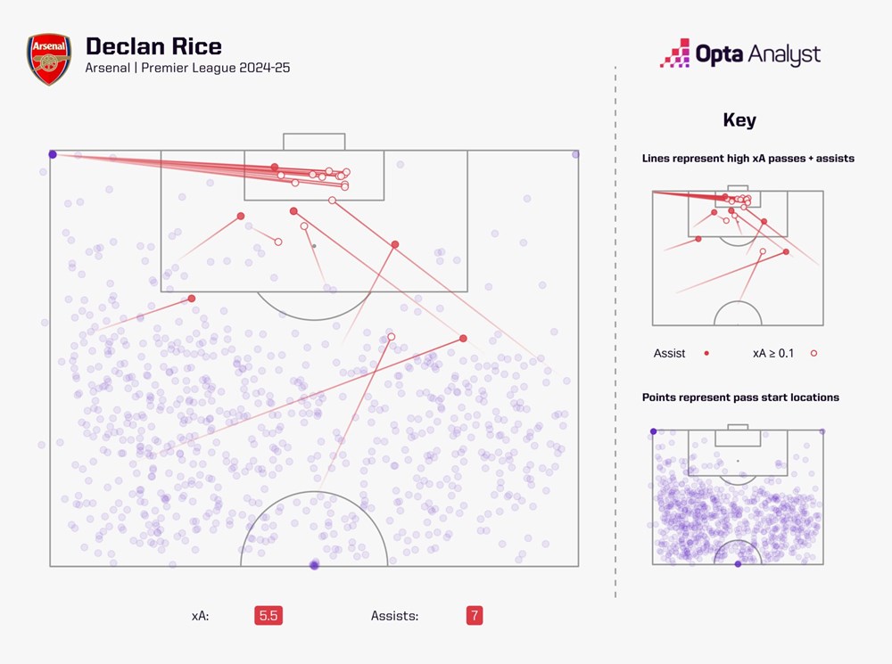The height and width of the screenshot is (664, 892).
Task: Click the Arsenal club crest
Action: point(49,60)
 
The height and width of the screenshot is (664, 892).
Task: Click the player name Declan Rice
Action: point(153,46)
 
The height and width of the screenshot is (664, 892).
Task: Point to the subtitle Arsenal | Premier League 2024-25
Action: point(187,69)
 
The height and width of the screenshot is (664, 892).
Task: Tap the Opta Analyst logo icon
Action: point(675,54)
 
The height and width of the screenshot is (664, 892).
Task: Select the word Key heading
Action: point(739,121)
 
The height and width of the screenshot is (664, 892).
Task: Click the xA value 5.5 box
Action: point(268,616)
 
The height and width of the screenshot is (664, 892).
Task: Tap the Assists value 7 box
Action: point(474,616)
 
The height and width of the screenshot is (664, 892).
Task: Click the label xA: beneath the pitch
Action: point(201,616)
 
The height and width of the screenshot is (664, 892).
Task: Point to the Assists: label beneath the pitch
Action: point(394,616)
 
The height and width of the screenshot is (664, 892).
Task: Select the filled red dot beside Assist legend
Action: point(706,354)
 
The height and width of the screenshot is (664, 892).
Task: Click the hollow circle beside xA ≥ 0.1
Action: point(814,354)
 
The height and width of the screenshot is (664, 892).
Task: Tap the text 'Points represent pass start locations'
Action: point(740,398)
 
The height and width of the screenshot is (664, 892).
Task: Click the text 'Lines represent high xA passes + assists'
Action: point(748,159)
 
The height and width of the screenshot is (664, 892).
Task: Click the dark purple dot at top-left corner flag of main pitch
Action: point(53,154)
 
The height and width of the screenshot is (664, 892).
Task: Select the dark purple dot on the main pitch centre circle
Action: point(313,565)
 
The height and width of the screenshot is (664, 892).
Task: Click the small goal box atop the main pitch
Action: point(314,142)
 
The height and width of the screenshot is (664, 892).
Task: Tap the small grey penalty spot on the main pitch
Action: point(314,246)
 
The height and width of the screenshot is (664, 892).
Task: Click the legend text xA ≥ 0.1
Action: point(773,354)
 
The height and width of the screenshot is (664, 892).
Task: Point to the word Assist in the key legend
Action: point(669,354)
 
